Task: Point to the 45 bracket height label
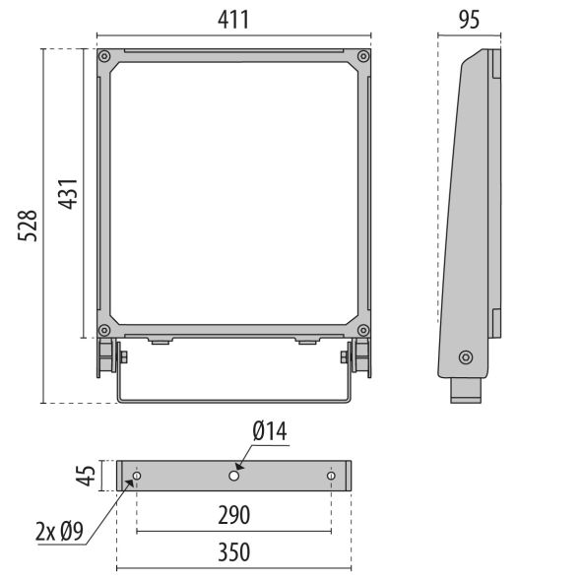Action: pos(88,476)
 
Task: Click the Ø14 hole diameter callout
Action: pos(269,431)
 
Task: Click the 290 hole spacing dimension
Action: pos(234,514)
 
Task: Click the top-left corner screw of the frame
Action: pos(103,57)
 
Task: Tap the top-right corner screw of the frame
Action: pos(364,57)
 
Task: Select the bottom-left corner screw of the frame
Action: pos(103,330)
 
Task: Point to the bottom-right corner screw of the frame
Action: pos(364,330)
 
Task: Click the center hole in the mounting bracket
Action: pos(234,477)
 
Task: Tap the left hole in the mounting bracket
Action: pos(137,477)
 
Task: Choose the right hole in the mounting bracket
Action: pos(331,477)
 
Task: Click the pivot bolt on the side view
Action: pos(466,356)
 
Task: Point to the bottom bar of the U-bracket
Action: pos(234,401)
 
